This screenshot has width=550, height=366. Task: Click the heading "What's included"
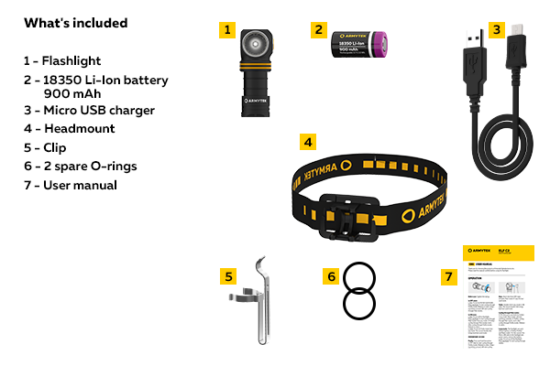76,23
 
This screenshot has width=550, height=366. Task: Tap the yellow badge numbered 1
227,29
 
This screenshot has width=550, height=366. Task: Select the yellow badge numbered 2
319,29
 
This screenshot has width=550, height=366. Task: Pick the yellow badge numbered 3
496,29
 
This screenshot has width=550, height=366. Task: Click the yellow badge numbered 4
309,143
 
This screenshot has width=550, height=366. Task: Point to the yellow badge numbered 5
230,275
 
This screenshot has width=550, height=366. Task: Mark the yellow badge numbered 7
449,275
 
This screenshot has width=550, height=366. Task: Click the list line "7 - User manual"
71,185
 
